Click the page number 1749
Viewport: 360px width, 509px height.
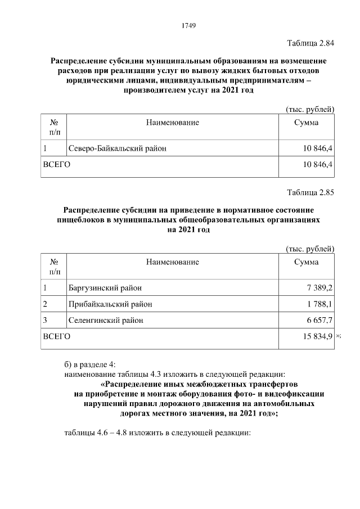(188, 26)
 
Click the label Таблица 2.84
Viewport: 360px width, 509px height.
(310, 43)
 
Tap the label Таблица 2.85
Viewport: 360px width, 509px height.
(310, 192)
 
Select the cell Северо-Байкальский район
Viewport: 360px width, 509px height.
(118, 148)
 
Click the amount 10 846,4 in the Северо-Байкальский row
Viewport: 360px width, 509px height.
(318, 148)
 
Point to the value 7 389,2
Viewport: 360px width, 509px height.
(319, 288)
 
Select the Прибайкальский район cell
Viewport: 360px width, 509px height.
(110, 304)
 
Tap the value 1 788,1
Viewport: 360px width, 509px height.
(319, 304)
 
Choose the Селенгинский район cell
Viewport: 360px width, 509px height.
(106, 320)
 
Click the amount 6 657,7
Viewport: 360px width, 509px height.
(319, 320)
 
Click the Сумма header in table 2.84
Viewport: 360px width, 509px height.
(307, 122)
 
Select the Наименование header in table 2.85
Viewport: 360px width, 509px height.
(173, 262)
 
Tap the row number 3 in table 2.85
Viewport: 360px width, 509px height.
(45, 320)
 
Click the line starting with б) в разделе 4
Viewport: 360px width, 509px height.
(91, 363)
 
